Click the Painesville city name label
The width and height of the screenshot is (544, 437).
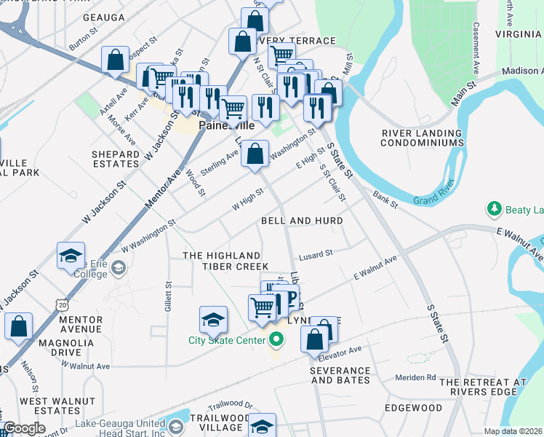coord(227,125)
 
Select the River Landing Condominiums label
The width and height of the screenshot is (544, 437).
coord(423,138)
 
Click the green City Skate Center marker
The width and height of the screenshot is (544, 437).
coord(276,339)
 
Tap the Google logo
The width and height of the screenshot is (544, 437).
coord(25,428)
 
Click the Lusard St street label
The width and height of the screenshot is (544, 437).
coord(315,253)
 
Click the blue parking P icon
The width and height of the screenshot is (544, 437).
coord(291,296)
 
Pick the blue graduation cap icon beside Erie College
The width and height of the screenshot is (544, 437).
coord(71,256)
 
